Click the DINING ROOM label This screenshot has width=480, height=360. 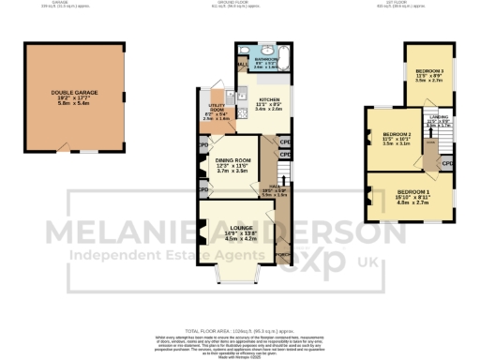point(232,163)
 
